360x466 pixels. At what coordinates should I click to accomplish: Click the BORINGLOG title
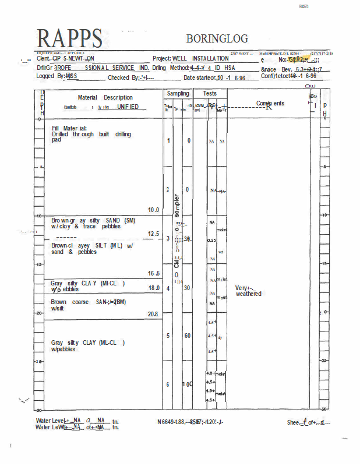[217, 38]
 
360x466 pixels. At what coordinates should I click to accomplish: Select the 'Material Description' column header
[105, 97]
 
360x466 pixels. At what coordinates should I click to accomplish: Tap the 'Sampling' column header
[178, 93]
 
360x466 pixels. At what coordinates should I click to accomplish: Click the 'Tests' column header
[210, 93]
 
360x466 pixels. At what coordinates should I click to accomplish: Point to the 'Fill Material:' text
[69, 128]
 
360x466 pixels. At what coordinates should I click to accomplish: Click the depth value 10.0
[154, 210]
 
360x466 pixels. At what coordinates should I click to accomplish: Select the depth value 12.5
[154, 234]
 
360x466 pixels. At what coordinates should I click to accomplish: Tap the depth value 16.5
[154, 273]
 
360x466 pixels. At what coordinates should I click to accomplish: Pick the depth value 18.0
[154, 288]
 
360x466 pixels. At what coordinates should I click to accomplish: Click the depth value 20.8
[153, 314]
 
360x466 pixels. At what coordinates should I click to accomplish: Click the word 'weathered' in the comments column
[249, 294]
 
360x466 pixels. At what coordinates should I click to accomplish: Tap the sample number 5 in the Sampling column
[168, 336]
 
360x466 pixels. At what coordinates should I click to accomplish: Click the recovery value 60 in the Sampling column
[188, 336]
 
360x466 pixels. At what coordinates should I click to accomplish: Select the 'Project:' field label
[162, 59]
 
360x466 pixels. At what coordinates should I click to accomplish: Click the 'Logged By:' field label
[50, 76]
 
